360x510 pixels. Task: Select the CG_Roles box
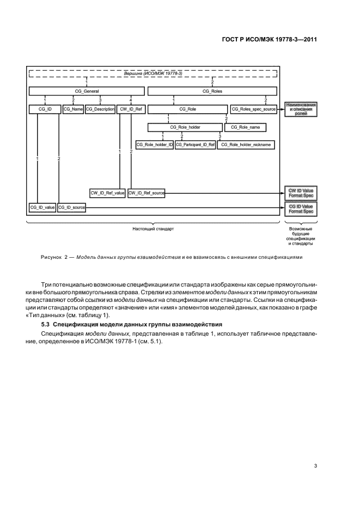click(x=212, y=92)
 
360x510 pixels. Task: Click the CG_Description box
click(x=100, y=110)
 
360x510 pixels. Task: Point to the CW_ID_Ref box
click(x=131, y=110)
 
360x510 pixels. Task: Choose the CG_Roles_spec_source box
click(x=254, y=110)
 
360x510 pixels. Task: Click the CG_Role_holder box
click(x=185, y=127)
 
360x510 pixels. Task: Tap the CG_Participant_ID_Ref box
click(x=195, y=145)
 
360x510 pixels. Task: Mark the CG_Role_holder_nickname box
click(x=246, y=145)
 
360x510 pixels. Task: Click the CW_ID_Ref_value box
click(x=108, y=193)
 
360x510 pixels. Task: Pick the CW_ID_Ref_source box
click(x=147, y=193)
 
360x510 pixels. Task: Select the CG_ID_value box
click(x=42, y=208)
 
